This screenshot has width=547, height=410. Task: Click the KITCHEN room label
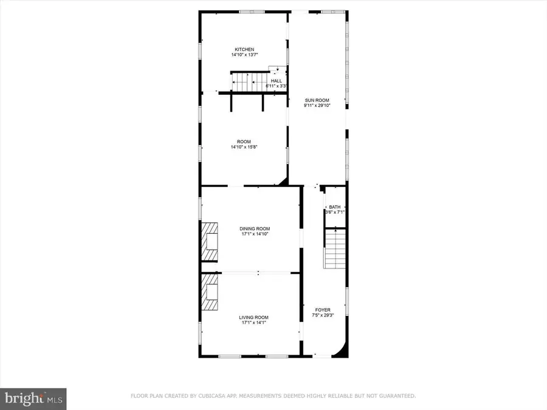click(244, 49)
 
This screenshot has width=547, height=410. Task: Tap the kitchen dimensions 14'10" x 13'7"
click(244, 55)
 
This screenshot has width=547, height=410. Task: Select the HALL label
click(277, 81)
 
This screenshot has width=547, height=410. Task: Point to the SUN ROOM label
click(316, 100)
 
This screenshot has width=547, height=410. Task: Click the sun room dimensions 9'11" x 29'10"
click(316, 105)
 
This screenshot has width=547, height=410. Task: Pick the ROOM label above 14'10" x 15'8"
click(244, 142)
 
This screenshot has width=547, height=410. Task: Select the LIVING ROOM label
click(253, 317)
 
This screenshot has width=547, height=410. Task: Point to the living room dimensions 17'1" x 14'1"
click(253, 323)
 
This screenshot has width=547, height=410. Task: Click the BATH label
click(335, 207)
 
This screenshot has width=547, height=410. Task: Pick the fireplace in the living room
click(211, 293)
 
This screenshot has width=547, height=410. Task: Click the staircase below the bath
click(335, 249)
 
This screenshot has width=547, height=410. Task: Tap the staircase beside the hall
click(246, 82)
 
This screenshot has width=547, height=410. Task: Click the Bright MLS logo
click(33, 398)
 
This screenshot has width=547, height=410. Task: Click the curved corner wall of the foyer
click(342, 349)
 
